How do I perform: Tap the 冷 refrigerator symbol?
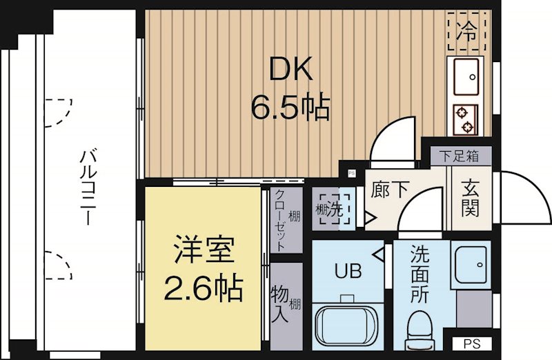pyautogui.click(x=468, y=30)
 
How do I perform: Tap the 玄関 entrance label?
pyautogui.click(x=470, y=197)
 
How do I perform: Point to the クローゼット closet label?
pyautogui.click(x=280, y=219)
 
